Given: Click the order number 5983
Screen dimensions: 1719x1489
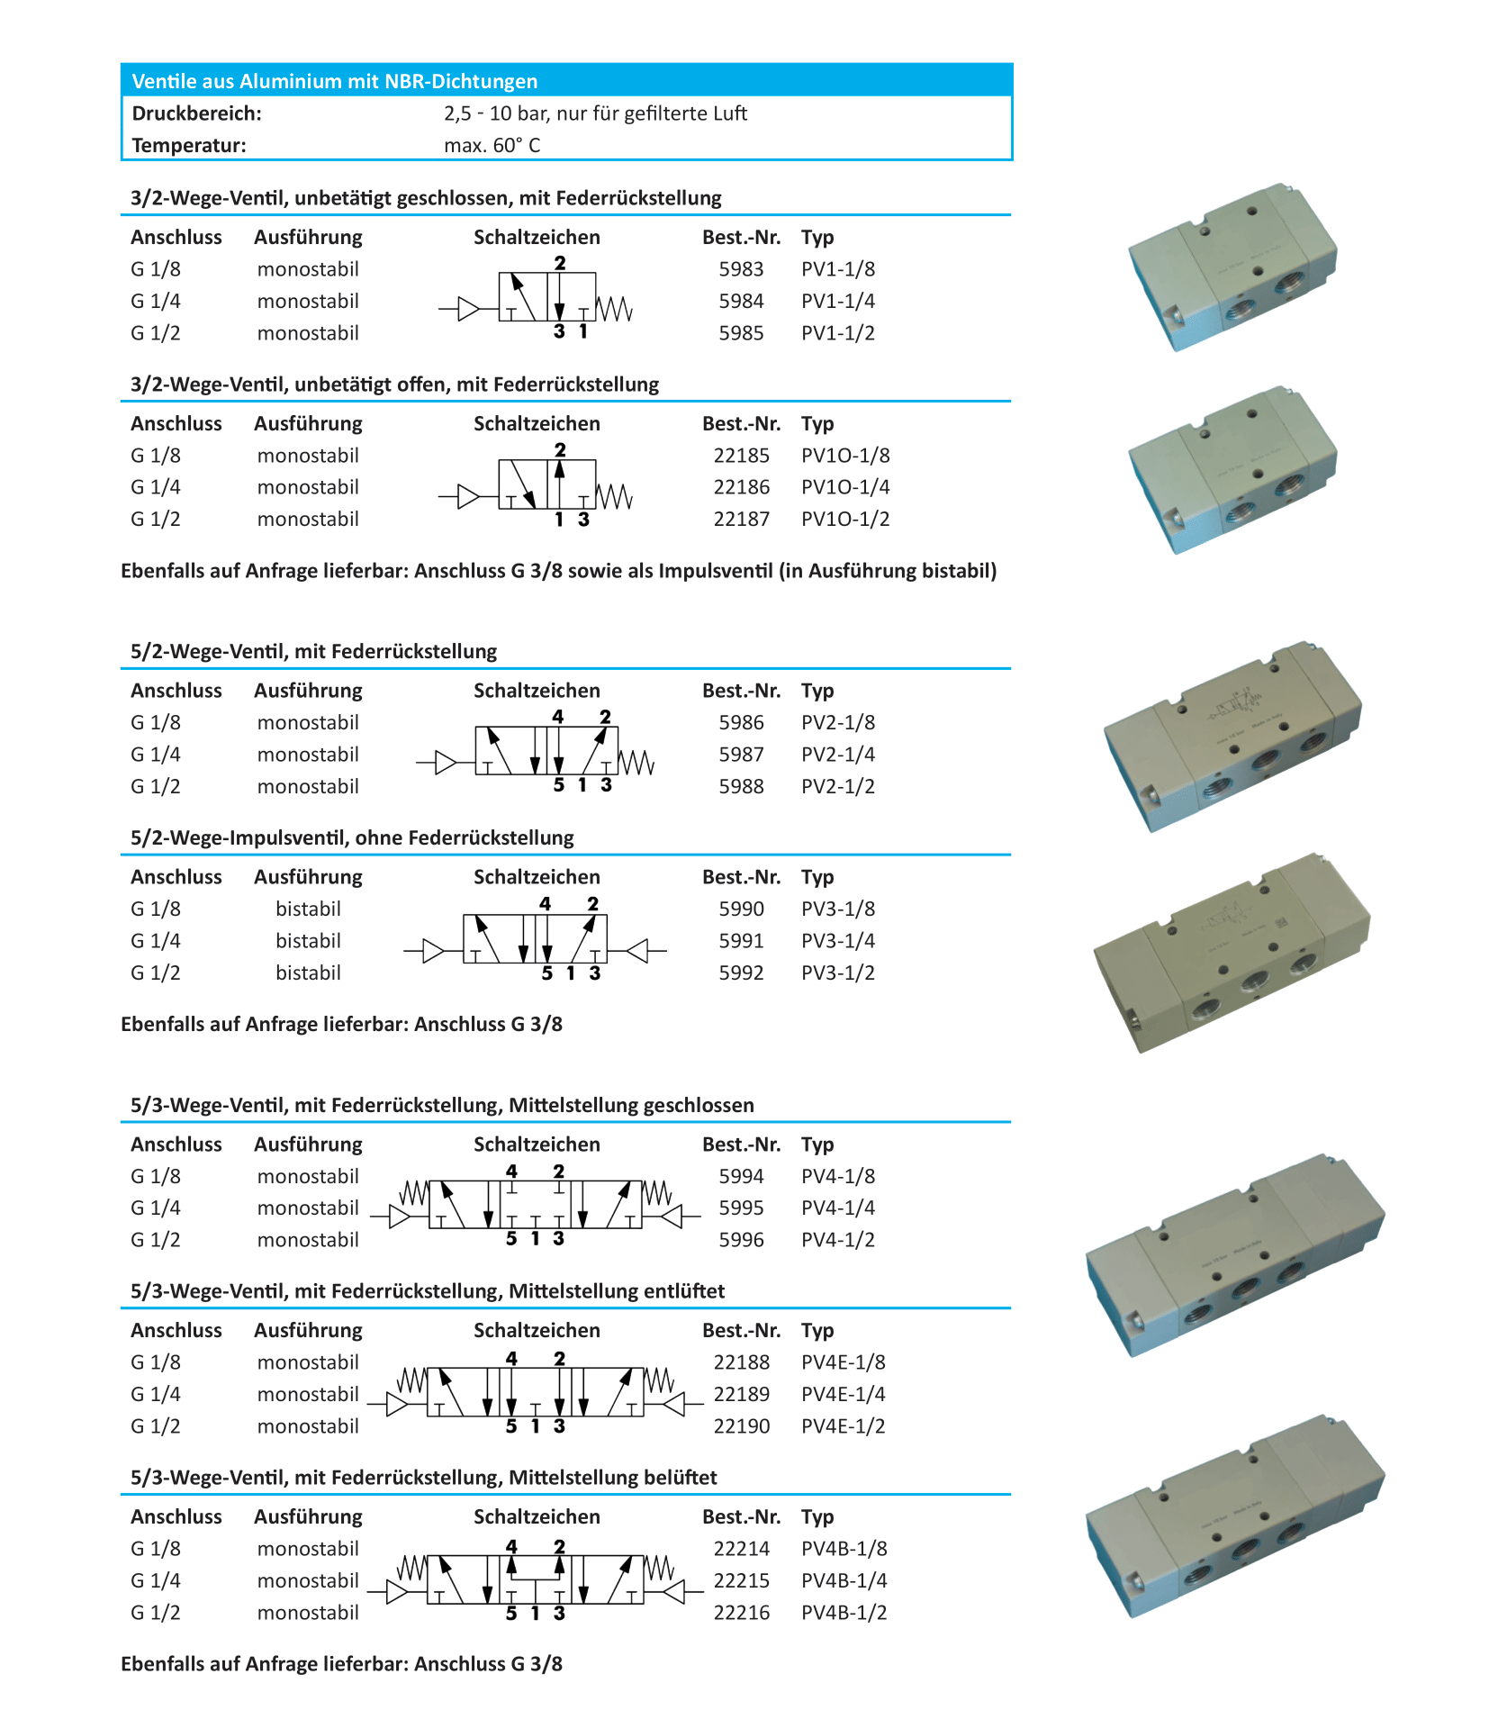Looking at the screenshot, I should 740,269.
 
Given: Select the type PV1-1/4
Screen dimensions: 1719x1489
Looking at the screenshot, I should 837,301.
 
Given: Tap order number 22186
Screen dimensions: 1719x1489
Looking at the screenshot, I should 741,487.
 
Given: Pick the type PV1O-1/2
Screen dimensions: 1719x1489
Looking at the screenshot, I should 844,519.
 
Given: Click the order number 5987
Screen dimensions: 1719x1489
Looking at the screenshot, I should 740,755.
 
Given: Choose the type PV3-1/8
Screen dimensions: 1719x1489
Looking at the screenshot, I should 837,909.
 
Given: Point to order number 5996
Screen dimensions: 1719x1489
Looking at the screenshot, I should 740,1240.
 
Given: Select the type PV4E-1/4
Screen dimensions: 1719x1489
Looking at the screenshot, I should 843,1394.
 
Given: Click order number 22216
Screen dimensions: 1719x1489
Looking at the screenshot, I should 741,1613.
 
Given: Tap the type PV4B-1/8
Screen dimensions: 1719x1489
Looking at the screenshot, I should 844,1549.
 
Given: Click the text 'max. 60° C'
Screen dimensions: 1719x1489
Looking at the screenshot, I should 492,145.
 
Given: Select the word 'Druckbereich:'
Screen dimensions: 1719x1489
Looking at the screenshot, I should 196,113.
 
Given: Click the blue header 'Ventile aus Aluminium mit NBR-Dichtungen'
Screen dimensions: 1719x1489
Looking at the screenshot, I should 334,81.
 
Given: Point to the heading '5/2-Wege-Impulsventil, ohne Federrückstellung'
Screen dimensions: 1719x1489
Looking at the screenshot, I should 352,837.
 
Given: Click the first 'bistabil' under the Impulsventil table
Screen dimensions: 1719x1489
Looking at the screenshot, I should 308,909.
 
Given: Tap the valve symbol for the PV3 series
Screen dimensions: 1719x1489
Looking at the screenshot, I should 535,941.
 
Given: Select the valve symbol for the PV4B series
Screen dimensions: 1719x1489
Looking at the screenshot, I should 535,1580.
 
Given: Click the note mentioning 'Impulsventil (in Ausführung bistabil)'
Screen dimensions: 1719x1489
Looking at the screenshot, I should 558,571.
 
